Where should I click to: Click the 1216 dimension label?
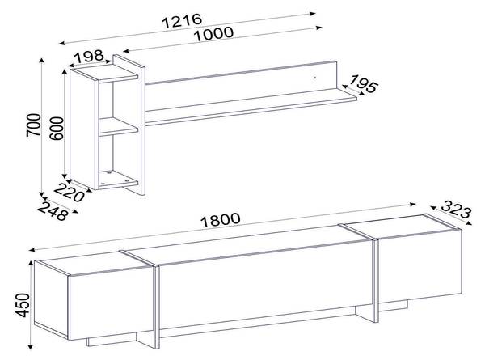[182, 21]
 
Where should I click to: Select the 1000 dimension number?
[213, 34]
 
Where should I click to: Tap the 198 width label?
[89, 57]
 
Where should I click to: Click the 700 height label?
[33, 125]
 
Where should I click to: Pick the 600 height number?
[57, 128]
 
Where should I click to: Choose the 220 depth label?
[70, 193]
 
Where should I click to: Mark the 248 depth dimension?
[53, 212]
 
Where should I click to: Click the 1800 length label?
[220, 220]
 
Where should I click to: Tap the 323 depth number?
[456, 210]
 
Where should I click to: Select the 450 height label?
[23, 305]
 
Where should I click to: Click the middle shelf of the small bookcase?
[118, 127]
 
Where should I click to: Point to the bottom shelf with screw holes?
[118, 179]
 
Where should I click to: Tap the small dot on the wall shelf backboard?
[315, 78]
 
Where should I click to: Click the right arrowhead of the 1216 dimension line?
[313, 13]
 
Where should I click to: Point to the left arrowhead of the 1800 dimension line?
[32, 250]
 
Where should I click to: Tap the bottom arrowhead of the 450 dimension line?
[31, 347]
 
